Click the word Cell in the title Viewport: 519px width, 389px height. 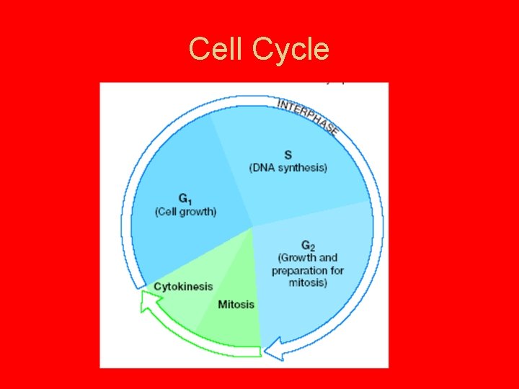click(x=217, y=49)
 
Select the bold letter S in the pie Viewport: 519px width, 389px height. click(x=288, y=155)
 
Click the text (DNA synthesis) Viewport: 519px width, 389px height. click(x=288, y=168)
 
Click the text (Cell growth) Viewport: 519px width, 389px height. click(x=185, y=212)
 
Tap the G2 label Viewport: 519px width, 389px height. click(x=308, y=246)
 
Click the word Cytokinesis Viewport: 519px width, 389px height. click(x=183, y=287)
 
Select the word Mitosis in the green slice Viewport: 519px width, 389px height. click(x=236, y=305)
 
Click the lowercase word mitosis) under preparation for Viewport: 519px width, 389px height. click(x=308, y=283)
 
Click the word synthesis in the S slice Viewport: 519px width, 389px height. click(x=302, y=168)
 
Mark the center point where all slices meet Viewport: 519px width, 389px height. click(x=252, y=227)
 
